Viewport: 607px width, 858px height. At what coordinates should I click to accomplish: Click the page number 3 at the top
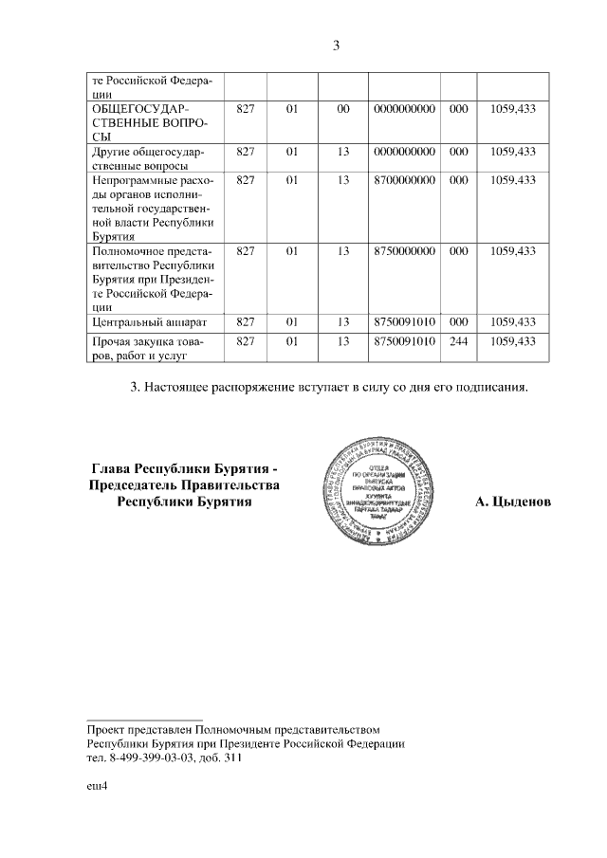336,46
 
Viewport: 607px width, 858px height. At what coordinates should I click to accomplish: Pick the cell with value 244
458,340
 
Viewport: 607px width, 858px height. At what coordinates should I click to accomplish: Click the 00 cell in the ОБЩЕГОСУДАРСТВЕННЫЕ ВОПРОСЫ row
343,109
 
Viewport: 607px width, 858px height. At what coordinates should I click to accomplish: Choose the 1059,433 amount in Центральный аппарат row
513,322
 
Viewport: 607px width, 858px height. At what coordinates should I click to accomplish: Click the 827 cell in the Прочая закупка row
245,340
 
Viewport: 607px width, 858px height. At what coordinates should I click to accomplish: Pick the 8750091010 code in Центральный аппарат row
404,322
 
